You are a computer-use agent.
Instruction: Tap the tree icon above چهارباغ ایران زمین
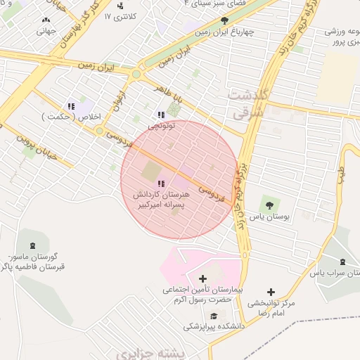coord(224,20)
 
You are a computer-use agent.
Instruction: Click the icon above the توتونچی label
coord(161,115)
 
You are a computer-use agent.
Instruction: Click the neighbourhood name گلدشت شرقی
coord(246,103)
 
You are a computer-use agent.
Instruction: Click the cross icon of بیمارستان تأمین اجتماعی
coord(203,278)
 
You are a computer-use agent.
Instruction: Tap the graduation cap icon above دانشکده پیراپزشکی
coord(214,315)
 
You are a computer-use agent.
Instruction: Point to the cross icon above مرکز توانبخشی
coord(271,292)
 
